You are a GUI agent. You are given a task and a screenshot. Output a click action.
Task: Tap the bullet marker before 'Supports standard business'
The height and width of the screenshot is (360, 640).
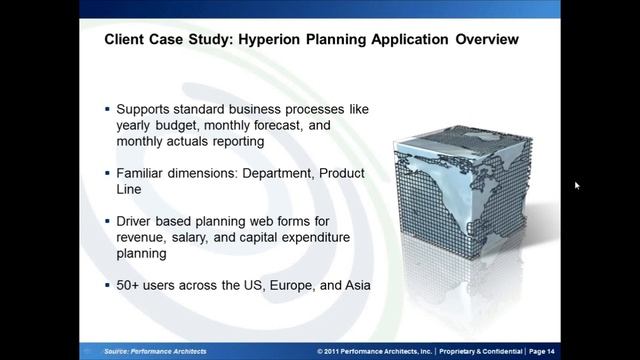tap(108, 108)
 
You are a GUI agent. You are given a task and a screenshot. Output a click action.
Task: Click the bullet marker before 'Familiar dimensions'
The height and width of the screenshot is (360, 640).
tap(108, 174)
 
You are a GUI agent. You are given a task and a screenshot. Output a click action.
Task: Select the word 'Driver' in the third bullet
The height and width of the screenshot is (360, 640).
tap(138, 220)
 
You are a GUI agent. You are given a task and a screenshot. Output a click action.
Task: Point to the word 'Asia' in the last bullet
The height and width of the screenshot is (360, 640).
tap(353, 285)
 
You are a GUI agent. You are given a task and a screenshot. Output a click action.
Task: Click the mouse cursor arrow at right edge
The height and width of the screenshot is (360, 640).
tap(577, 185)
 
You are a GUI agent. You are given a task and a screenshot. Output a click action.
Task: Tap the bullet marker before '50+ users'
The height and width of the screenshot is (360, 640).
tap(108, 286)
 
